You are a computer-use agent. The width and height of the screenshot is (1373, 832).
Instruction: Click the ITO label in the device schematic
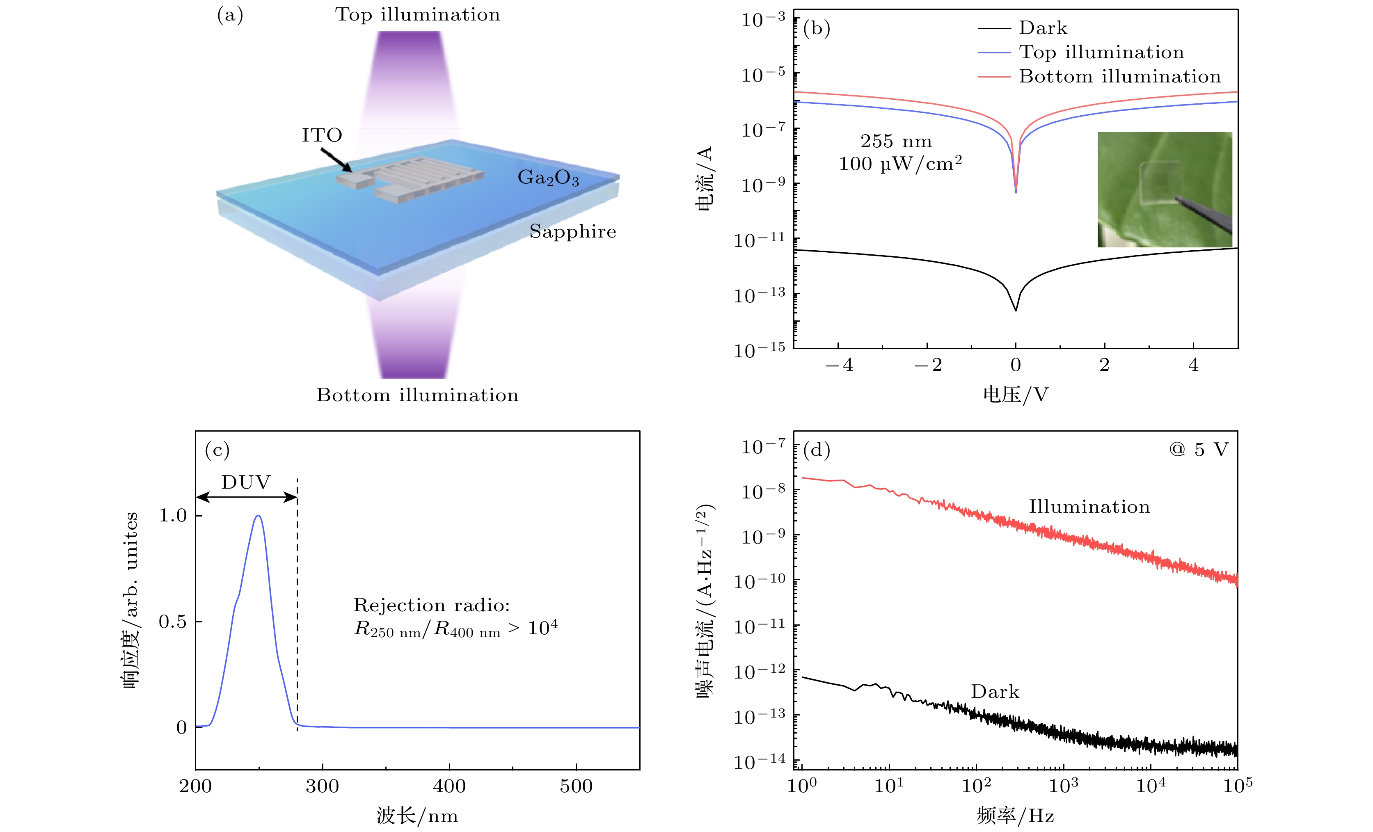point(322,135)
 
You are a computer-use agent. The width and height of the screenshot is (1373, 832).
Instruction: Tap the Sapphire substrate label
point(573,231)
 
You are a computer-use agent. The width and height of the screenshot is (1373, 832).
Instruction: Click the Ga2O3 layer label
point(548,177)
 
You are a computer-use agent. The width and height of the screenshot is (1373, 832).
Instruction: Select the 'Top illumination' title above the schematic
point(417,14)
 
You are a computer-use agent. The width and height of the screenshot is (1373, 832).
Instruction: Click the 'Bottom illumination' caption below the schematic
point(417,395)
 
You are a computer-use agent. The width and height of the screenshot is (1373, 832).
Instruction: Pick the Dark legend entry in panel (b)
point(1042,28)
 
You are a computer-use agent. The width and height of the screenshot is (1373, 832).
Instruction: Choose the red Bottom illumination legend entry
point(1119,76)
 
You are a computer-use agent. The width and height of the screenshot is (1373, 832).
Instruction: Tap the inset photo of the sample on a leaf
point(1165,190)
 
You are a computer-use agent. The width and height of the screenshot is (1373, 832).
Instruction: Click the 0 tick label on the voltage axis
point(1015,365)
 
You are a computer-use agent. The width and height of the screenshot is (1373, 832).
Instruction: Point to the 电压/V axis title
point(1015,395)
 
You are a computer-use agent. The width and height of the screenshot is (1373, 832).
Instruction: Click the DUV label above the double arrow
point(246,482)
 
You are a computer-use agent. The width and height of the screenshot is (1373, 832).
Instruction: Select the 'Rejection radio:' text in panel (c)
point(431,605)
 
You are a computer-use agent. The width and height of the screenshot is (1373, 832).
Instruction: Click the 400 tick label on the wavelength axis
point(449,786)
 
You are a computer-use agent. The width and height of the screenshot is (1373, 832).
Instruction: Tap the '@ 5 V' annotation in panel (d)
point(1199,449)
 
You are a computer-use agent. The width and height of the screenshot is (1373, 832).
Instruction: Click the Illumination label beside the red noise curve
point(1089,507)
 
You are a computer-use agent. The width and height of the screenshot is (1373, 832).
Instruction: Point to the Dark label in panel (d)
point(995,692)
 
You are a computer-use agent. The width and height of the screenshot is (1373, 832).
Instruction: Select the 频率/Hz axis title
point(1015,816)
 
